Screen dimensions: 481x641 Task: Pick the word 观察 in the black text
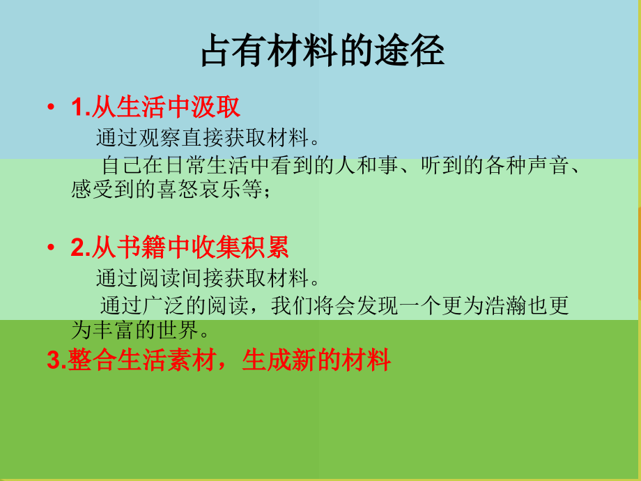pyautogui.click(x=160, y=137)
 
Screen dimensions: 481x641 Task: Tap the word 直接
pyautogui.click(x=203, y=137)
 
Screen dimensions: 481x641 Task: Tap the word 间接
pyautogui.click(x=203, y=279)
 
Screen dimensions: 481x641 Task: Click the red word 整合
pyautogui.click(x=91, y=360)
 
